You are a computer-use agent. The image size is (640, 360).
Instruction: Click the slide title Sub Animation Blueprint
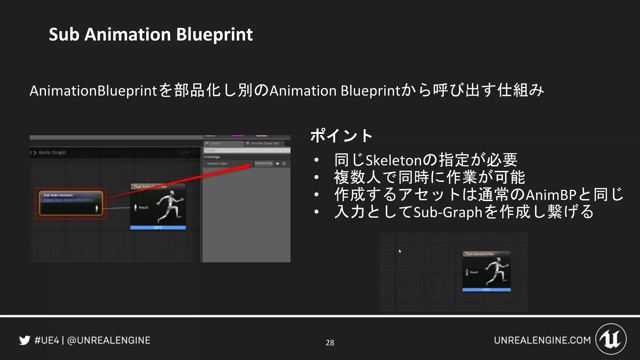click(151, 34)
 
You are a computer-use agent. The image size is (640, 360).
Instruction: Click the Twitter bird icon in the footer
click(25, 340)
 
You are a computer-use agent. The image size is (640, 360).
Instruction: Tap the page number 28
click(330, 343)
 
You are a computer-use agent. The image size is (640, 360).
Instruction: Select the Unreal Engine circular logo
click(611, 339)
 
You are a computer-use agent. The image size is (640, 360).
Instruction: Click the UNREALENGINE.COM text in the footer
click(542, 340)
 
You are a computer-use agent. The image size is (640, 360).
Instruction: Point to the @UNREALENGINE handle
click(108, 340)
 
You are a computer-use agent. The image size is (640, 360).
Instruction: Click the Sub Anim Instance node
click(71, 203)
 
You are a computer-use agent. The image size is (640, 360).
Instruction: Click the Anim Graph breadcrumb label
click(52, 152)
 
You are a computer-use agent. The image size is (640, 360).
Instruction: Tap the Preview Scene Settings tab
click(265, 143)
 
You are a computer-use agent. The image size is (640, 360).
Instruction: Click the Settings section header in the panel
click(213, 157)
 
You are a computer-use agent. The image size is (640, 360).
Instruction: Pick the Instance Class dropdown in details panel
click(263, 163)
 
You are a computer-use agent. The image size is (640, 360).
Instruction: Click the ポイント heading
click(341, 136)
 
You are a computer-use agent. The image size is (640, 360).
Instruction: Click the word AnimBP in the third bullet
click(551, 195)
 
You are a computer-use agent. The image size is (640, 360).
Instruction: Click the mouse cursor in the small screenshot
click(400, 251)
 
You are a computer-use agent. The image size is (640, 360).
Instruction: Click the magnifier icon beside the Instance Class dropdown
click(284, 163)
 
